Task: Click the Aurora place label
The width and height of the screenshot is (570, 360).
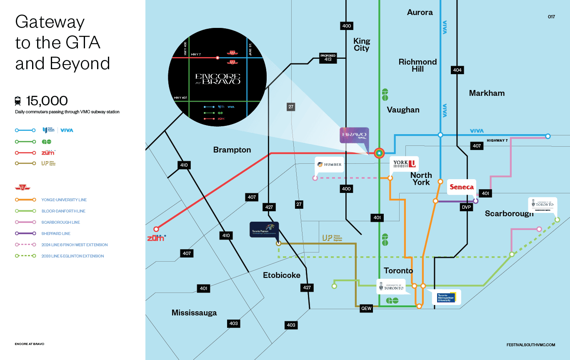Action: (420, 12)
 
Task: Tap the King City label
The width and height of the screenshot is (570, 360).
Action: (361, 45)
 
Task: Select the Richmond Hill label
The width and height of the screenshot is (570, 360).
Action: (417, 65)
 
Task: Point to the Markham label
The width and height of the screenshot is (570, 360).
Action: (487, 93)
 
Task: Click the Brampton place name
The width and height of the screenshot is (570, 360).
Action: (232, 150)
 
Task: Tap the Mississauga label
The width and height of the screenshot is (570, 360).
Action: (194, 312)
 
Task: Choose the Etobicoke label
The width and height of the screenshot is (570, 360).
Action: (282, 275)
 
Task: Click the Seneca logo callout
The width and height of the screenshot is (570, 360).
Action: (461, 187)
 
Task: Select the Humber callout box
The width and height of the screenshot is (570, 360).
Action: (330, 165)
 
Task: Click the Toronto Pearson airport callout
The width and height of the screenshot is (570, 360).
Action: (264, 229)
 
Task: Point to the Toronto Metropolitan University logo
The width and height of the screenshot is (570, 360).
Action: (446, 297)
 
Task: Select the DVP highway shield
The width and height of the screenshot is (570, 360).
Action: (466, 207)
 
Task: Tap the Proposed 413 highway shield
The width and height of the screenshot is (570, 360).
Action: (328, 58)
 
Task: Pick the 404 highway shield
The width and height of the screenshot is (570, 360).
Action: (457, 70)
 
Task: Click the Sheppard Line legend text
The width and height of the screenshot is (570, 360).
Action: (56, 234)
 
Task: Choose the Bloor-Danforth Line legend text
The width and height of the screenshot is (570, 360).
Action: (63, 211)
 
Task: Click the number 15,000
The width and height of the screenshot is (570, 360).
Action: (47, 101)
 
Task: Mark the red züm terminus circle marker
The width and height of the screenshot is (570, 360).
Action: (156, 229)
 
